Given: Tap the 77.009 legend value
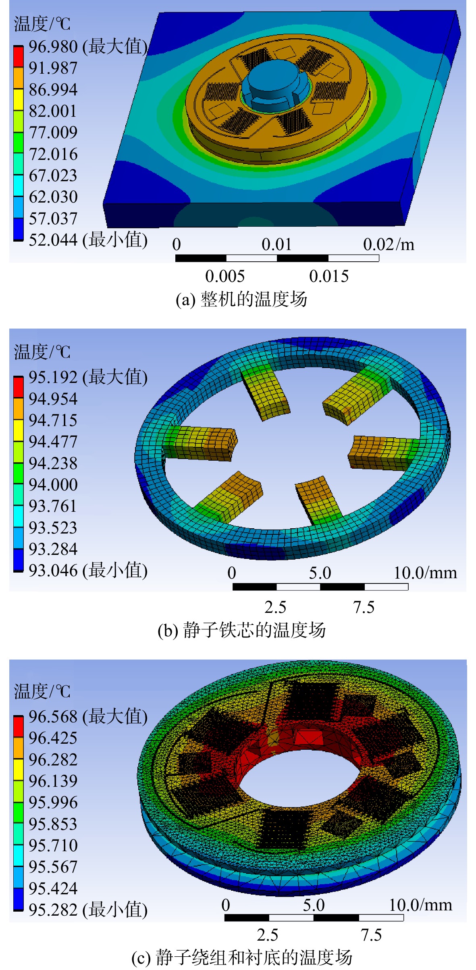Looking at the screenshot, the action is pos(53,132).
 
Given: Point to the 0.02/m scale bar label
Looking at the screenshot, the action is pos(389,244).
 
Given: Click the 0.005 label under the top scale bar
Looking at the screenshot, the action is pos(224,276).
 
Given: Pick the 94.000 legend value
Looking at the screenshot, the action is pos(53,484).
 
